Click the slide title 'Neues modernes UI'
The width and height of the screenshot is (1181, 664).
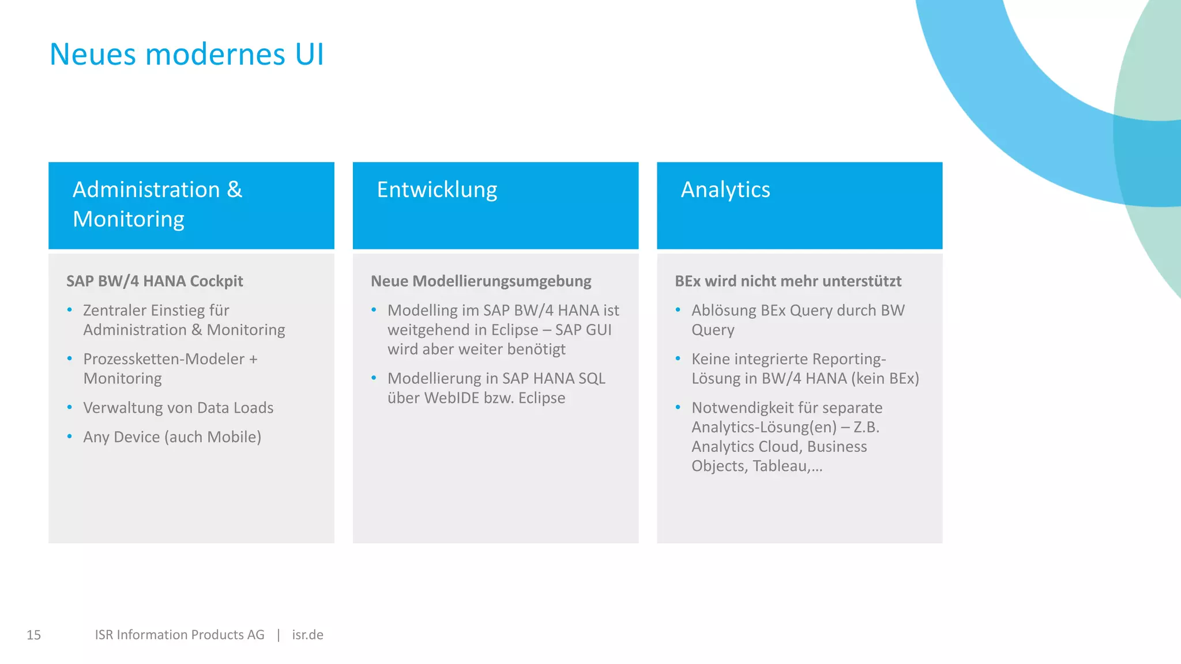pyautogui.click(x=186, y=55)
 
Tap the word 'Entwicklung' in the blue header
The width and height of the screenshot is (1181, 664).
pyautogui.click(x=437, y=190)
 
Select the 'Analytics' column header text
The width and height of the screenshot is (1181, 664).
pyautogui.click(x=725, y=190)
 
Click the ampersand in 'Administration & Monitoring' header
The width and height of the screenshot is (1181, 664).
pyautogui.click(x=234, y=190)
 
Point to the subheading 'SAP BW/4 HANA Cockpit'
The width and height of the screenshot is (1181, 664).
pyautogui.click(x=155, y=281)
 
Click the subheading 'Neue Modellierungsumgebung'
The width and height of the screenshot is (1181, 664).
pyautogui.click(x=480, y=281)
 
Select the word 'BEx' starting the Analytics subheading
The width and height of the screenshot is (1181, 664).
pyautogui.click(x=687, y=281)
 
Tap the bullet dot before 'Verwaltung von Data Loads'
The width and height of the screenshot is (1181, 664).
pyautogui.click(x=70, y=408)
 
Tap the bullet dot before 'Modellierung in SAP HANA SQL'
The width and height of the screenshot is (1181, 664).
pyautogui.click(x=374, y=378)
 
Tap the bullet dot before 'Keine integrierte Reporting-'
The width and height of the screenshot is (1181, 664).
pyautogui.click(x=678, y=359)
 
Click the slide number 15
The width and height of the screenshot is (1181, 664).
pyautogui.click(x=33, y=635)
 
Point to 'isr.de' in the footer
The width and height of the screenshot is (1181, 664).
pyautogui.click(x=307, y=635)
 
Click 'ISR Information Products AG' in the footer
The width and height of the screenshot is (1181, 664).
pyautogui.click(x=179, y=635)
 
